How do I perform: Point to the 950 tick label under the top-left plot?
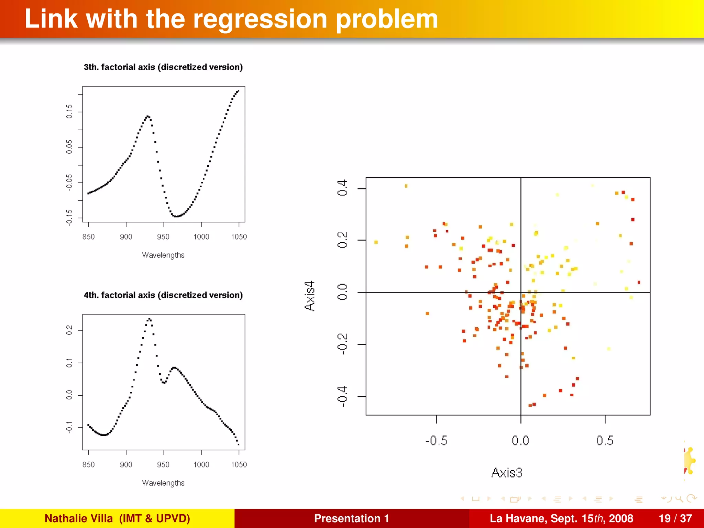[x=163, y=236]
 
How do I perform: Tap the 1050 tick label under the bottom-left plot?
[x=239, y=464]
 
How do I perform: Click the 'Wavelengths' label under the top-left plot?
[x=163, y=255]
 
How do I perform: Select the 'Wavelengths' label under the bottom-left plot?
[x=163, y=483]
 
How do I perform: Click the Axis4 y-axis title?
[x=310, y=296]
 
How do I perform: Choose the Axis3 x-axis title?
[x=507, y=473]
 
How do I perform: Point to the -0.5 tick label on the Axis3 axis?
[x=436, y=441]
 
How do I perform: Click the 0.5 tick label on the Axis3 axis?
[x=605, y=441]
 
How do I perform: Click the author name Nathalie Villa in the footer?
[x=79, y=518]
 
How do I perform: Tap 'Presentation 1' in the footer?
[x=351, y=518]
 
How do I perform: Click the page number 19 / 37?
[x=675, y=518]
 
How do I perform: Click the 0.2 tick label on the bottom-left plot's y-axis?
[x=69, y=330]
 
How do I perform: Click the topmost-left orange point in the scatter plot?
[x=406, y=186]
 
